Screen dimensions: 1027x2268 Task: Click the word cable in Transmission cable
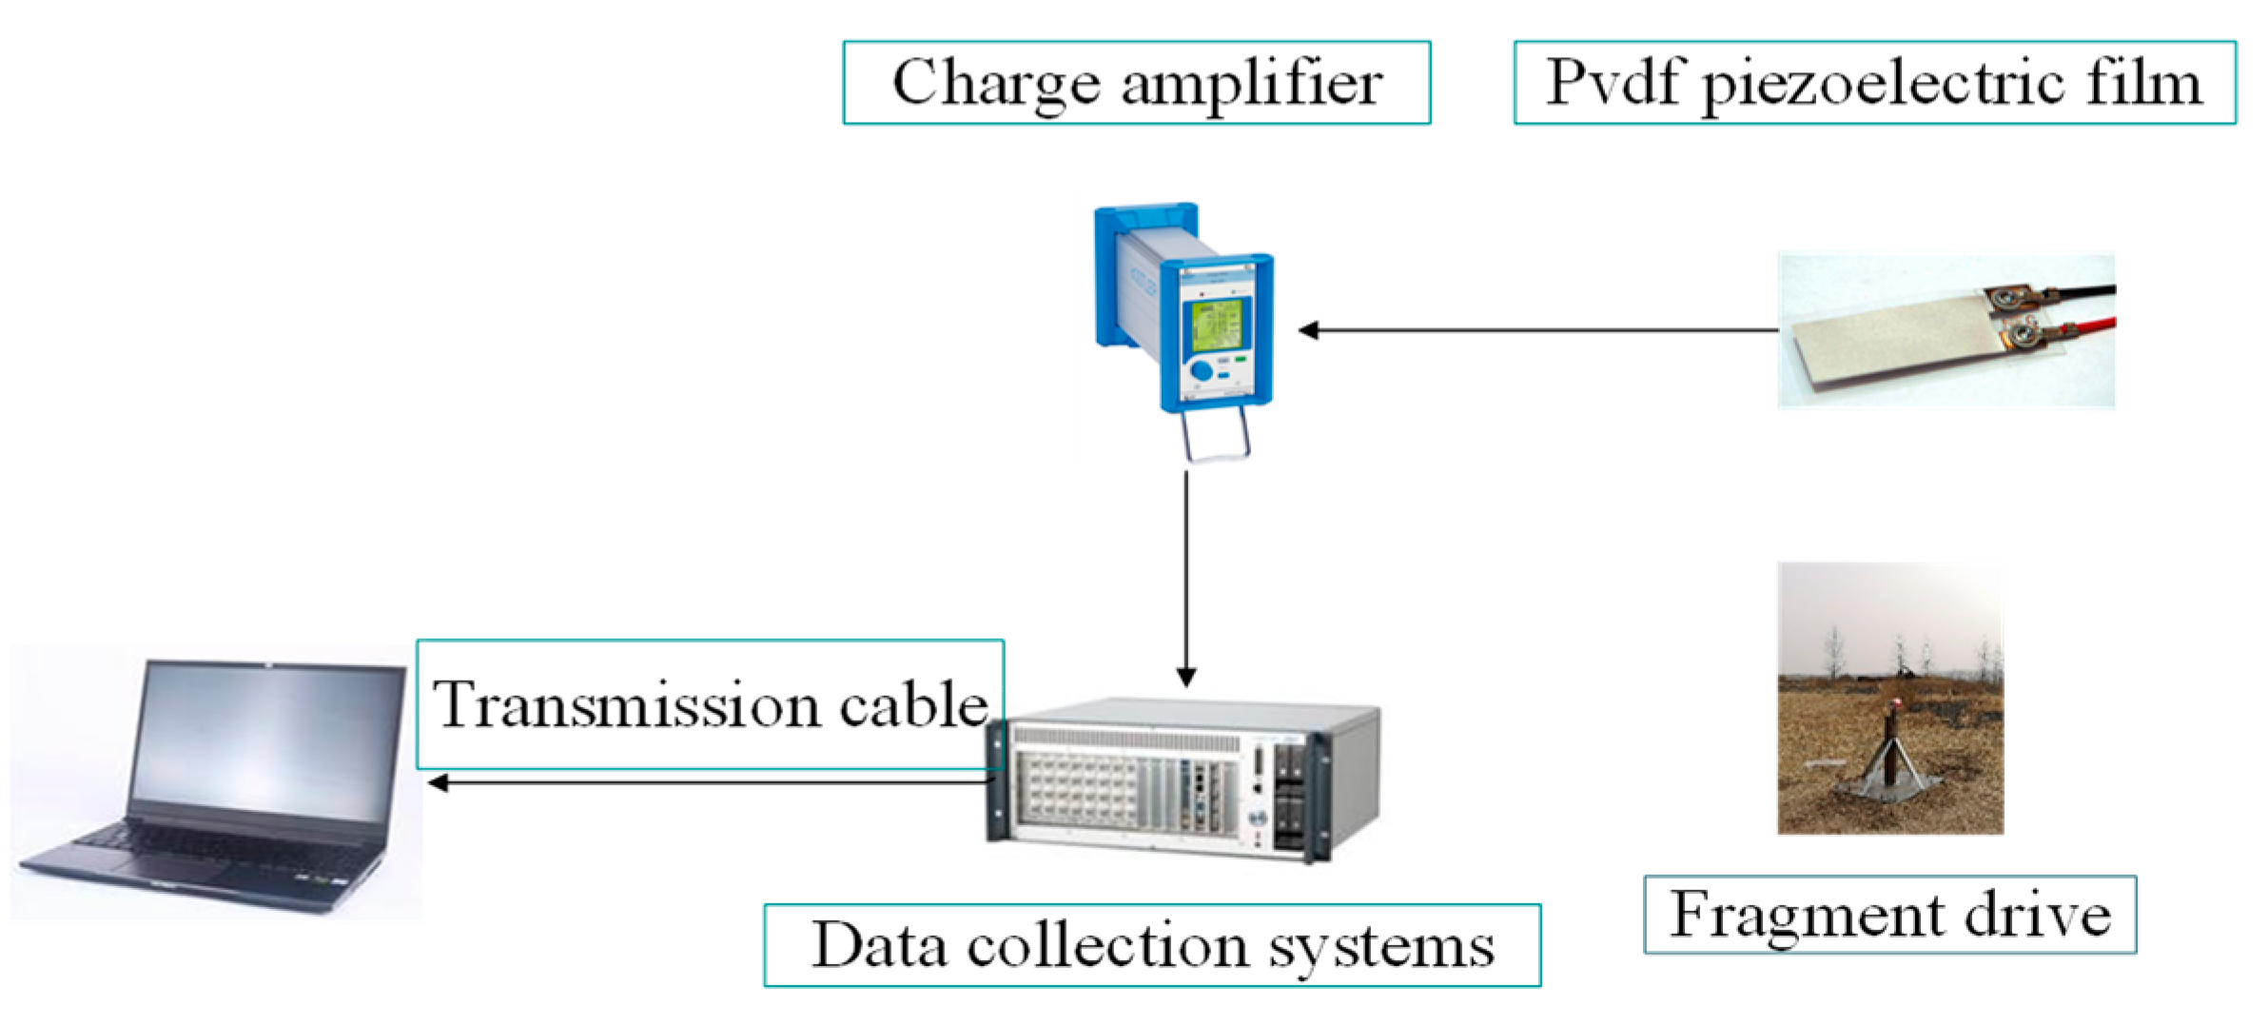pyautogui.click(x=913, y=706)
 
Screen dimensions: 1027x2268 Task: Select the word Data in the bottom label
pyautogui.click(x=879, y=946)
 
